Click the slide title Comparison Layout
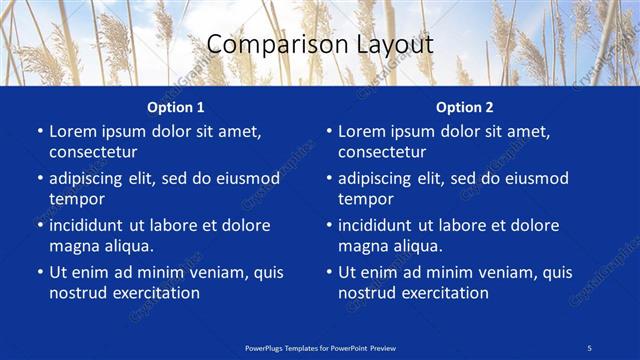click(x=319, y=44)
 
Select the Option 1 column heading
click(x=175, y=106)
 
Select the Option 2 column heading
click(x=464, y=106)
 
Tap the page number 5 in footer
click(x=589, y=346)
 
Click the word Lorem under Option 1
click(x=73, y=131)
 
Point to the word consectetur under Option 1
click(x=93, y=152)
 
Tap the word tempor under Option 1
click(x=77, y=199)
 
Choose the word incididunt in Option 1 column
click(x=92, y=225)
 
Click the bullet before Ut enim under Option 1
click(x=39, y=272)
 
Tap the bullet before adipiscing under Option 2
click(x=328, y=179)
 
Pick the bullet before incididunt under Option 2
click(x=328, y=226)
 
